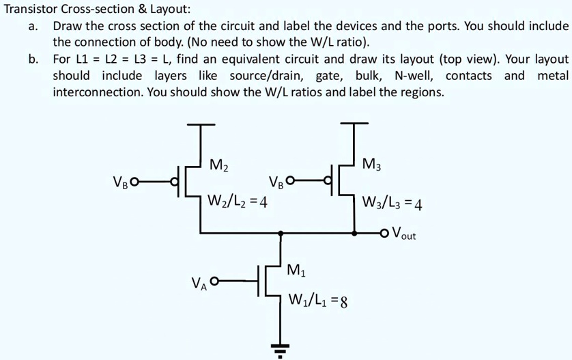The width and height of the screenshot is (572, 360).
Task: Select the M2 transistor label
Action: (219, 165)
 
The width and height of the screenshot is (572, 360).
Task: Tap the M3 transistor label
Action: (373, 165)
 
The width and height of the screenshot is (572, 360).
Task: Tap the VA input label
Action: (199, 282)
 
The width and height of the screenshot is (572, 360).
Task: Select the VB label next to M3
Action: (276, 182)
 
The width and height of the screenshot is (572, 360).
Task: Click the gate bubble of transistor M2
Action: (173, 182)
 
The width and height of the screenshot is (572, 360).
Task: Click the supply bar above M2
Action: (199, 126)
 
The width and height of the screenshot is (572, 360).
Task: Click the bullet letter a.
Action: (32, 26)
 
